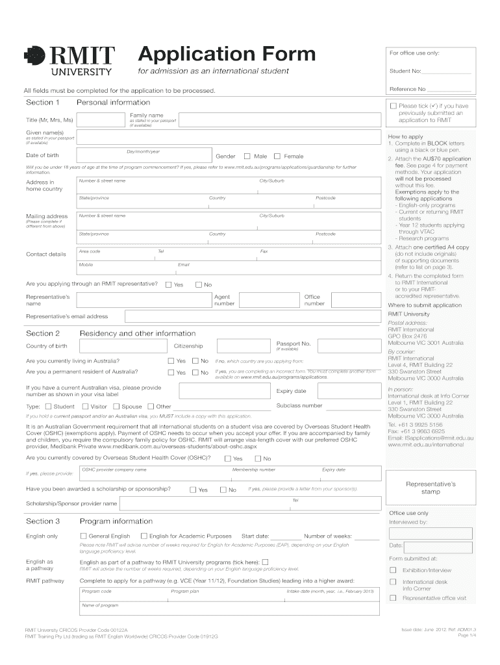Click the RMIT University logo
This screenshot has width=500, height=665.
(69, 61)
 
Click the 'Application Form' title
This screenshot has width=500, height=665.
(227, 53)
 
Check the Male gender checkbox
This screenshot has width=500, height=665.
(247, 156)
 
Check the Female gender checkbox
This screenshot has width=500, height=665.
(277, 156)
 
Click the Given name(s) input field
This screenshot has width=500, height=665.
(227, 136)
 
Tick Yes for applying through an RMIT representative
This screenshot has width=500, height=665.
(168, 284)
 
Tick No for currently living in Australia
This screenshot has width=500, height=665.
(194, 360)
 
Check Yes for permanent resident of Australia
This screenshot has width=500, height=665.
(171, 372)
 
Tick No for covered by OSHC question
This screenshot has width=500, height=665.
(256, 458)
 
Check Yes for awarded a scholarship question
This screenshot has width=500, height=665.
(193, 490)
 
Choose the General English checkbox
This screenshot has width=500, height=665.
(83, 536)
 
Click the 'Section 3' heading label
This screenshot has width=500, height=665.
(43, 521)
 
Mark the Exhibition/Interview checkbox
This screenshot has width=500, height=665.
(393, 570)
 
